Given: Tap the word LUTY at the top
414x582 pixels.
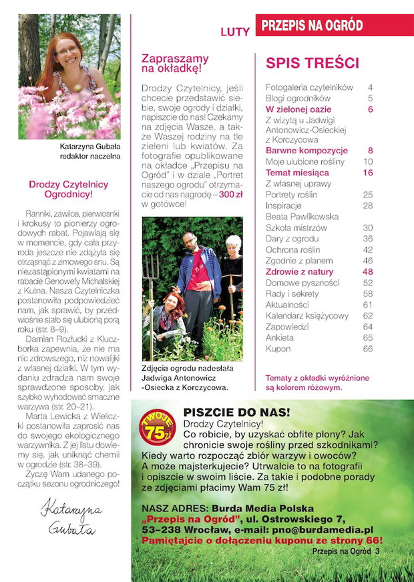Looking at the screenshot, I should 235,31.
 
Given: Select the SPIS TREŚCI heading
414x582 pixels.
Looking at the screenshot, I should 313,63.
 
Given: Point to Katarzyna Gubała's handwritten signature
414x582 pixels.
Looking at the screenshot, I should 69,518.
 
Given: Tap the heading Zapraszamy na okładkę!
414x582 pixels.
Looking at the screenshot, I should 175,63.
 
